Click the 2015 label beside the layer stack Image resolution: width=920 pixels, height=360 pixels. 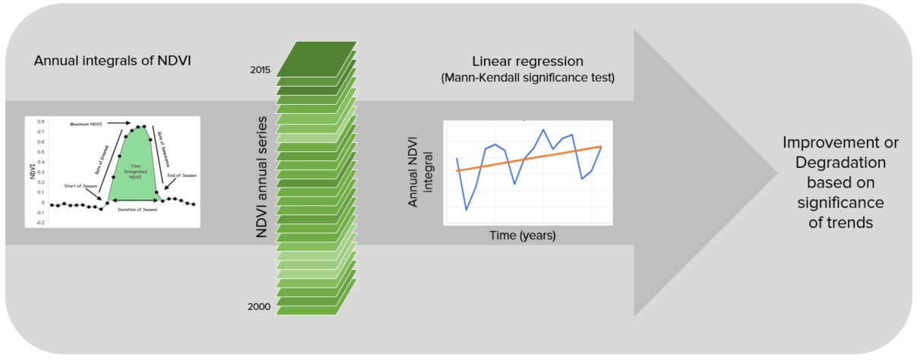click(x=261, y=70)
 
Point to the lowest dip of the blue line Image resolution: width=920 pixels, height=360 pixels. click(x=466, y=210)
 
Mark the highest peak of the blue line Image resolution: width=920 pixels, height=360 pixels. click(x=543, y=130)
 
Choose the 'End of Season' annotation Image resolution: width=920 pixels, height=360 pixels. click(x=182, y=175)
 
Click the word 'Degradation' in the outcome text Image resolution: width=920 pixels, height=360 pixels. click(x=840, y=163)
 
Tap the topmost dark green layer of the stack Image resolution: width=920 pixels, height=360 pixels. click(x=316, y=58)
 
